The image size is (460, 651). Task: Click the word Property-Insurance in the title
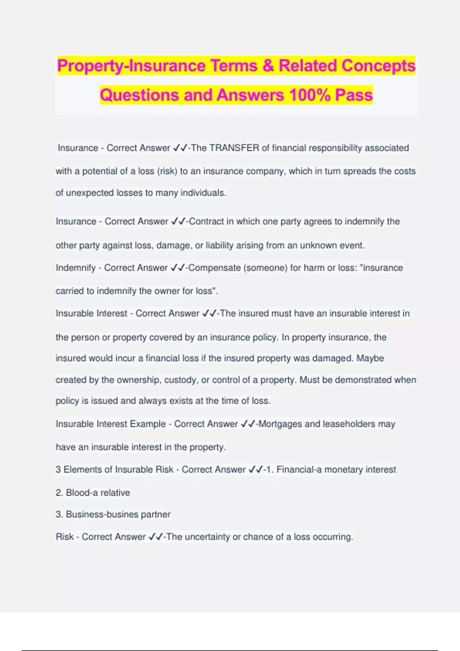(131, 65)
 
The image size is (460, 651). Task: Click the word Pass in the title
(354, 95)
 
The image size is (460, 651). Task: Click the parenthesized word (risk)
(167, 171)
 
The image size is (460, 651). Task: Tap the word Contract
(206, 221)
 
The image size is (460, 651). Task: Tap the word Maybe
(370, 358)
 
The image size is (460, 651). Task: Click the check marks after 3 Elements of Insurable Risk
(256, 469)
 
